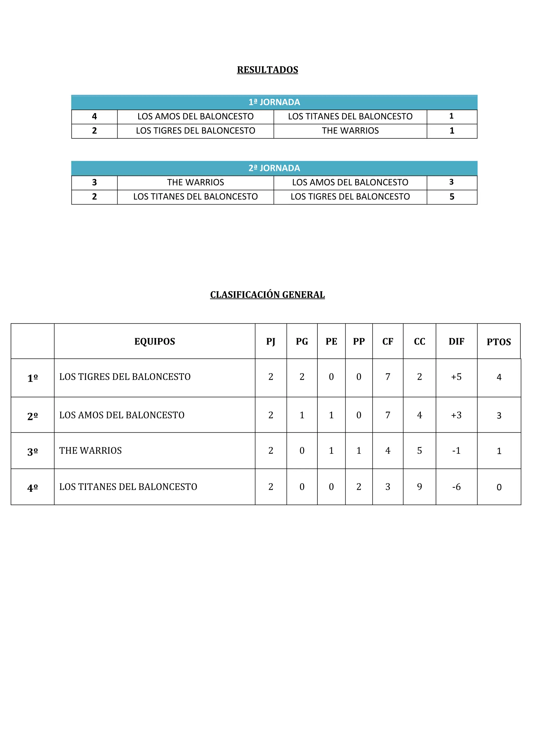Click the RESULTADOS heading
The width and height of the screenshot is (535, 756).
[x=267, y=70]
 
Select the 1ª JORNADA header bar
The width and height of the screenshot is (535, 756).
[x=274, y=102]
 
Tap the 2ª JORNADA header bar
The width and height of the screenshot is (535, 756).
[x=274, y=168]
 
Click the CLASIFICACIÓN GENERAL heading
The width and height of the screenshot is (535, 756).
[x=267, y=295]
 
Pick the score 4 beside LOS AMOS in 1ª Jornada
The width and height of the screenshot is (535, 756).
[x=94, y=116]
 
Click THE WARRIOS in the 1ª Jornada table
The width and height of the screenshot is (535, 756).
[x=350, y=131]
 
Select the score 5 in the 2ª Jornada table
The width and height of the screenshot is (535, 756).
[x=452, y=197]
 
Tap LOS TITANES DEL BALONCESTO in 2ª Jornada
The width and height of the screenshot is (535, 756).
[x=195, y=197]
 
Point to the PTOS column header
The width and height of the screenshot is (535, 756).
[x=498, y=342]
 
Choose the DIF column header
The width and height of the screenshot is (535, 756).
[x=456, y=341]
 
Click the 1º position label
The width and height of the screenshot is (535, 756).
[x=33, y=378]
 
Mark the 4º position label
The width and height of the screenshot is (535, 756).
[x=33, y=488]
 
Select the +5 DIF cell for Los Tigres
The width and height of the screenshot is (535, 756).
[x=456, y=377]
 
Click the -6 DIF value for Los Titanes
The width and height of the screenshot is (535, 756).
[x=456, y=487]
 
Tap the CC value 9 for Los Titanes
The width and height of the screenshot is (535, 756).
[x=419, y=487]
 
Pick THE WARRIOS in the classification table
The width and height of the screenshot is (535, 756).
[x=91, y=450]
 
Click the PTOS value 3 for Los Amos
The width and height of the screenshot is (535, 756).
[x=499, y=416]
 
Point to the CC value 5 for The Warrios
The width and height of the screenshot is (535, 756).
[x=419, y=450]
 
